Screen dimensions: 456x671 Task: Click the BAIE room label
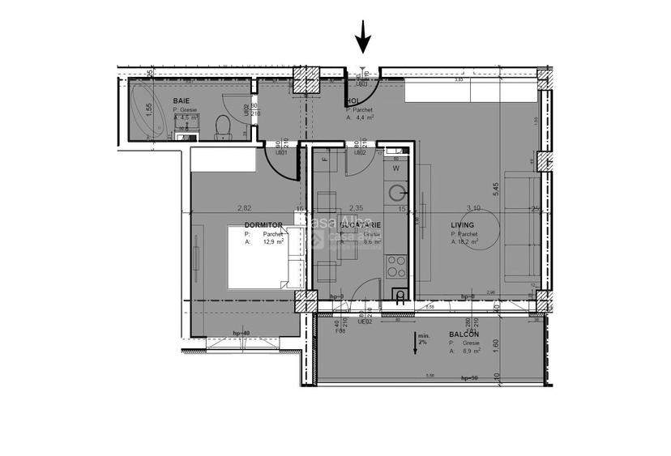click(181, 101)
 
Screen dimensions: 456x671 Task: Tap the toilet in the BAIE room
click(220, 125)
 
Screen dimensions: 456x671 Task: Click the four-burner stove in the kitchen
click(397, 263)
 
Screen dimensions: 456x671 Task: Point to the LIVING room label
click(464, 226)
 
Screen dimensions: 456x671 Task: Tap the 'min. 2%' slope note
click(421, 339)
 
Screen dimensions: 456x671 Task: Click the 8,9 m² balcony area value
click(469, 352)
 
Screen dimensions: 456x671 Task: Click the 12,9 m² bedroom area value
click(271, 241)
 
